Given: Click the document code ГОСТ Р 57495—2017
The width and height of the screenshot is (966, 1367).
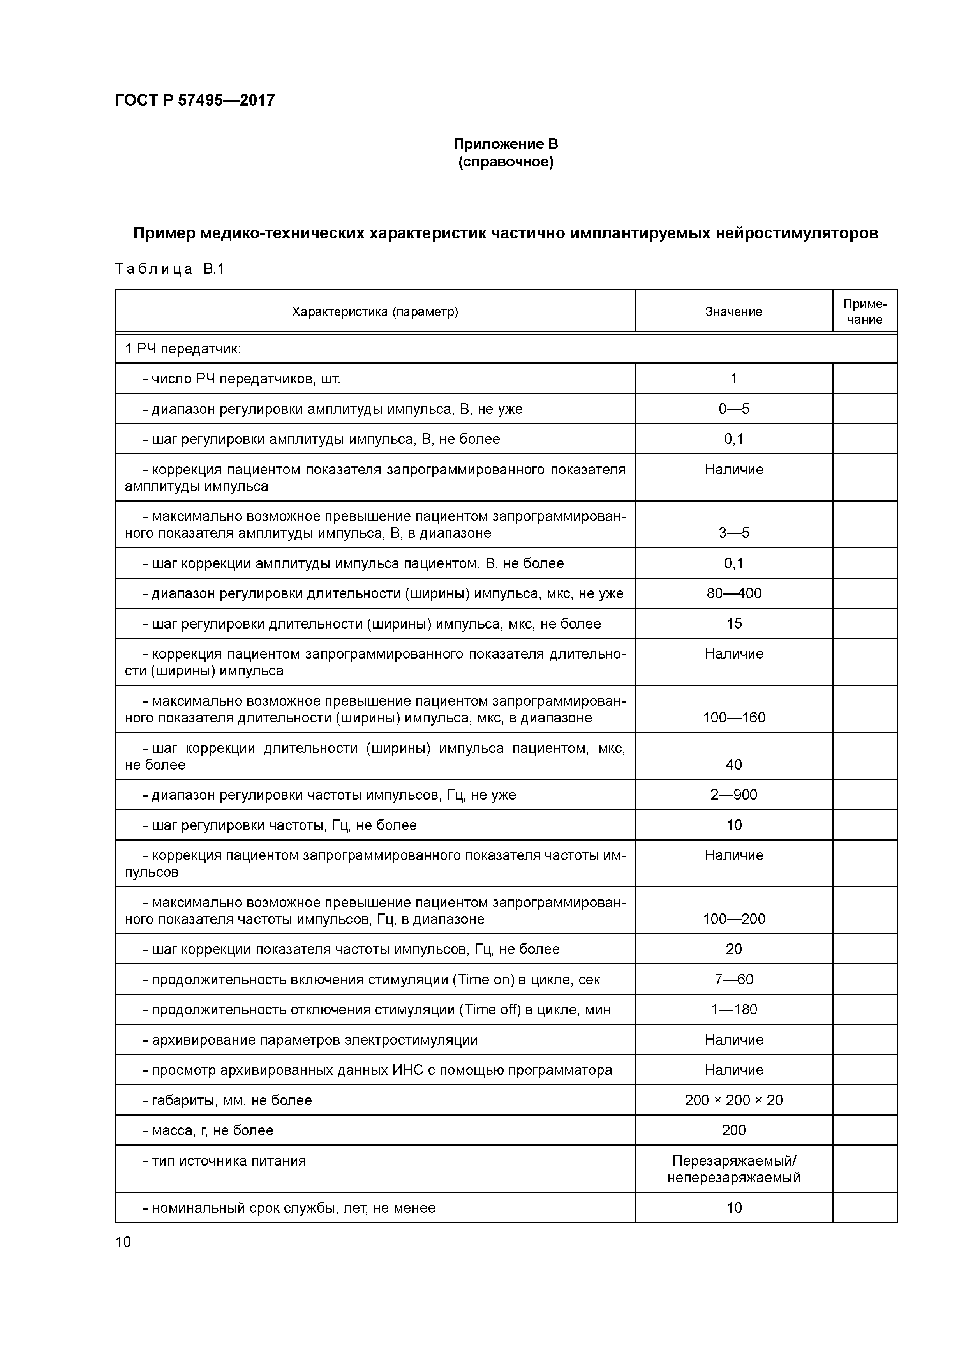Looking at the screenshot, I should [195, 100].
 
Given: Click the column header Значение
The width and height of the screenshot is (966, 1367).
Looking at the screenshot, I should [733, 311].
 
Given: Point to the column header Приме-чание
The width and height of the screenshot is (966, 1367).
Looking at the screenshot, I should [864, 311].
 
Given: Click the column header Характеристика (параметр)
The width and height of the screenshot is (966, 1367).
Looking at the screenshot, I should [375, 311].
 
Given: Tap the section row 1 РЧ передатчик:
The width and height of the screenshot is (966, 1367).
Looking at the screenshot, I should [183, 349].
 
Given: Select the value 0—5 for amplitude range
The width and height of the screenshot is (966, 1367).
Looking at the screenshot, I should [733, 409].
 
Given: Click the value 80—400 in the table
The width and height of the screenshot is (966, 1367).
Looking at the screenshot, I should [733, 593].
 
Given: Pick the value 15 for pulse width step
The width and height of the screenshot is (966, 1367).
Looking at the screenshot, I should [733, 623].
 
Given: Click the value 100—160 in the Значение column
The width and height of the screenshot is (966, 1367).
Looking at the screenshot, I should [733, 717].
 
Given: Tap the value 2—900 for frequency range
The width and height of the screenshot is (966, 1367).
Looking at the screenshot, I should [733, 795].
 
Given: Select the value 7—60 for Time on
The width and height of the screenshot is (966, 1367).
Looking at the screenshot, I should [733, 979].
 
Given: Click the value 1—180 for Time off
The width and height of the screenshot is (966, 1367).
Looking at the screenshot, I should [733, 1009].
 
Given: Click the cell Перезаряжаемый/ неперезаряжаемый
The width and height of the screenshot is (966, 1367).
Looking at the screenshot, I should [733, 1169].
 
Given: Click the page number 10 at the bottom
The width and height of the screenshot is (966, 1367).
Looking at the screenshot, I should [123, 1242].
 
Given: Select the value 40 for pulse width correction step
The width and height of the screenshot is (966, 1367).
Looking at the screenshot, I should [733, 765].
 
